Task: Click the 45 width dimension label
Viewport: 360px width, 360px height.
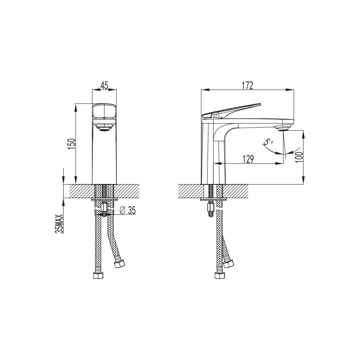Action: (104, 86)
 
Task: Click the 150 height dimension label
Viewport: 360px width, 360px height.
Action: (72, 144)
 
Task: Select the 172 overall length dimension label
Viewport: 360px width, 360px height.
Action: (248, 86)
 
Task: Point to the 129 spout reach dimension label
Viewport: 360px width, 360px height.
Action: (248, 159)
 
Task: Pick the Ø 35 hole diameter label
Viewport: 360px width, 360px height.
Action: (128, 210)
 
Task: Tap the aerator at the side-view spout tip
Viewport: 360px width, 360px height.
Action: (284, 128)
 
